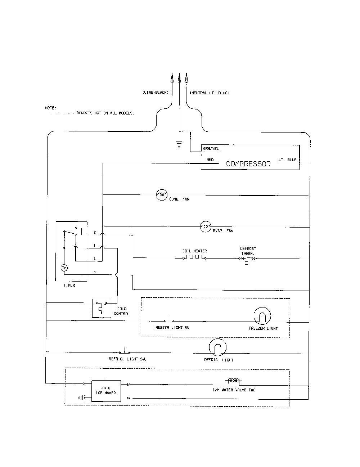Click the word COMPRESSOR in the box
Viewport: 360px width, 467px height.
[248, 164]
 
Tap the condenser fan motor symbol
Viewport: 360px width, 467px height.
[162, 195]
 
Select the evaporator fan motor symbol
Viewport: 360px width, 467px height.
[206, 227]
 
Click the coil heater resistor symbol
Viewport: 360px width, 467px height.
[195, 257]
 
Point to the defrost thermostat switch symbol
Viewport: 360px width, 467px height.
[248, 261]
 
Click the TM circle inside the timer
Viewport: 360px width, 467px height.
[64, 268]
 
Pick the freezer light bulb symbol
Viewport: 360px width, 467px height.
[262, 316]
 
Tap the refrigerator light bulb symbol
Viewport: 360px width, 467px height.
[217, 347]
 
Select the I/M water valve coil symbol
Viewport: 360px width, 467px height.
[233, 381]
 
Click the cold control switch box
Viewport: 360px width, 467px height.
[102, 308]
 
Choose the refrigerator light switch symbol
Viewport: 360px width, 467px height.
[125, 350]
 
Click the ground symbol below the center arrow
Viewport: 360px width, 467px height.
[179, 145]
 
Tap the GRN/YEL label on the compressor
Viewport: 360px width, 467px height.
[211, 148]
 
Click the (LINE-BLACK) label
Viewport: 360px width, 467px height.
[156, 93]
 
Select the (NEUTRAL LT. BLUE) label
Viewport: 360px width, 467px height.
[210, 93]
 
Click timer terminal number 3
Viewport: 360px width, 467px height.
[95, 272]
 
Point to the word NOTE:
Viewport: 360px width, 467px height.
[51, 108]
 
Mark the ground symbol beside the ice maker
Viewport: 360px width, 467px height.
[81, 398]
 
